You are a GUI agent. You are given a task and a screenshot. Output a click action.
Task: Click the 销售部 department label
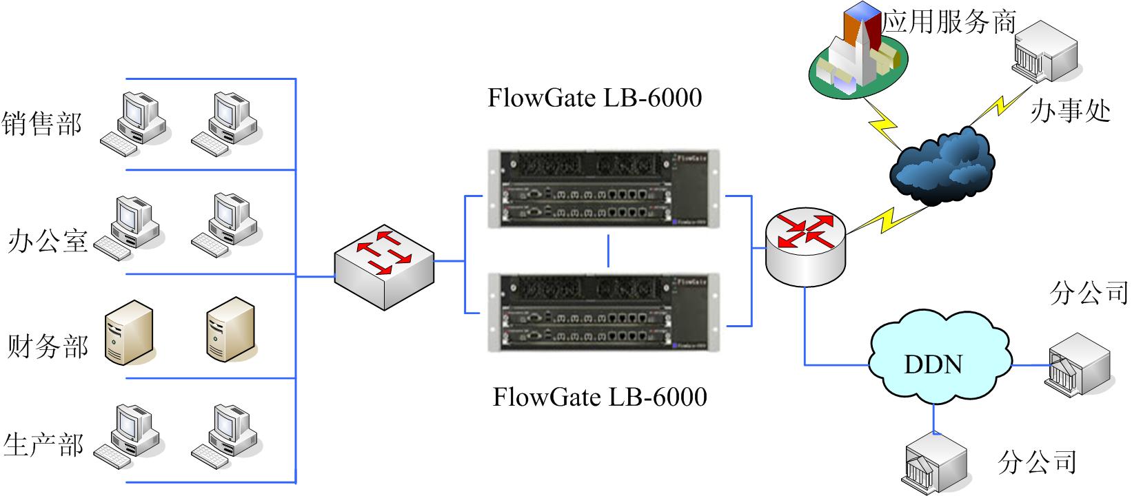click(x=42, y=124)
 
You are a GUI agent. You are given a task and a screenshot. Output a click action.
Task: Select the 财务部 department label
click(x=48, y=346)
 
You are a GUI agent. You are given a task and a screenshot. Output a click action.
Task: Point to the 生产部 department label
click(x=43, y=444)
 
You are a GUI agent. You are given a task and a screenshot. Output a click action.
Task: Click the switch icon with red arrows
click(x=383, y=266)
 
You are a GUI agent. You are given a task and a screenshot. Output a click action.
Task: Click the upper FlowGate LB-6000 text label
click(x=594, y=98)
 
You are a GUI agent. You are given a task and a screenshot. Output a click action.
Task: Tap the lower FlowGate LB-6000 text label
click(x=599, y=397)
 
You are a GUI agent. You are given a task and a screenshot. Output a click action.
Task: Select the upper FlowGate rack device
click(x=603, y=188)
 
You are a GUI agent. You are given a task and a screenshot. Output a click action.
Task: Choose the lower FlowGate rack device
click(x=603, y=311)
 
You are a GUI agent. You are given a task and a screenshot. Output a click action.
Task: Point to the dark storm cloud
click(x=942, y=165)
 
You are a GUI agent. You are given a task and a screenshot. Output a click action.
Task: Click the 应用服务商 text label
click(x=949, y=21)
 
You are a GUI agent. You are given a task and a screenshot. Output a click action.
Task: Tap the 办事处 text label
click(x=1070, y=110)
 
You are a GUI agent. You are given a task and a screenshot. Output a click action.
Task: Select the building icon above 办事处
click(x=1044, y=52)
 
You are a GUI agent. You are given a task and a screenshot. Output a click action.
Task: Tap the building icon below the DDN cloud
click(x=936, y=461)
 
